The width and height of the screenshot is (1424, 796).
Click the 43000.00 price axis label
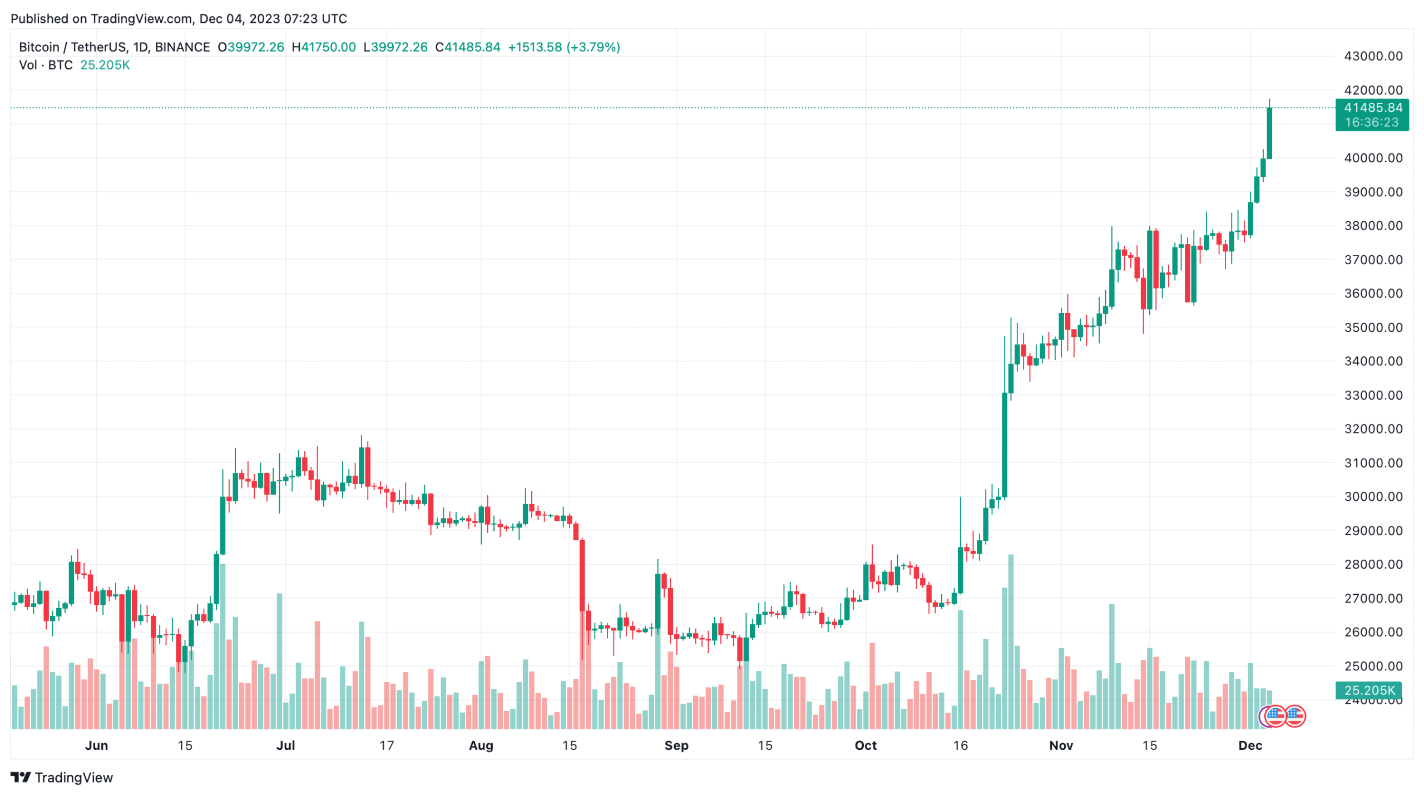click(x=1373, y=56)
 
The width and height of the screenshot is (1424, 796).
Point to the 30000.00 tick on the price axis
click(x=1373, y=496)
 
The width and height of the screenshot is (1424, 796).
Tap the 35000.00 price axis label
click(x=1373, y=327)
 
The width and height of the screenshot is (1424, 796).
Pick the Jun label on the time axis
click(x=96, y=745)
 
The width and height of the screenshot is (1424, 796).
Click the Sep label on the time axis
click(x=676, y=745)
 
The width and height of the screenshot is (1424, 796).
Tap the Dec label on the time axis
click(x=1250, y=745)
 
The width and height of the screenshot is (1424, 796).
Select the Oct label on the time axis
click(x=866, y=745)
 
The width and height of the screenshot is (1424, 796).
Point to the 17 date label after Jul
click(x=387, y=745)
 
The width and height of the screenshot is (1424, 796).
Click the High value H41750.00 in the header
click(x=324, y=47)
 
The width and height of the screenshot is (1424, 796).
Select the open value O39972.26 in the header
click(x=251, y=47)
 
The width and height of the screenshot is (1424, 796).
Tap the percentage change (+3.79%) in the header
click(x=593, y=47)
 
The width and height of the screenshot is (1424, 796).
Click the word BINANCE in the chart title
click(x=182, y=47)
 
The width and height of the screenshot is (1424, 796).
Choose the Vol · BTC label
click(x=46, y=65)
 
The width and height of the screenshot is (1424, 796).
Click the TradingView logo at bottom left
click(x=62, y=777)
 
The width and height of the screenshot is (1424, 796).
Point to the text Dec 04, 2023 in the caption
click(x=239, y=19)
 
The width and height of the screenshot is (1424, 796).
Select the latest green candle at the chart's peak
click(x=1269, y=133)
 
